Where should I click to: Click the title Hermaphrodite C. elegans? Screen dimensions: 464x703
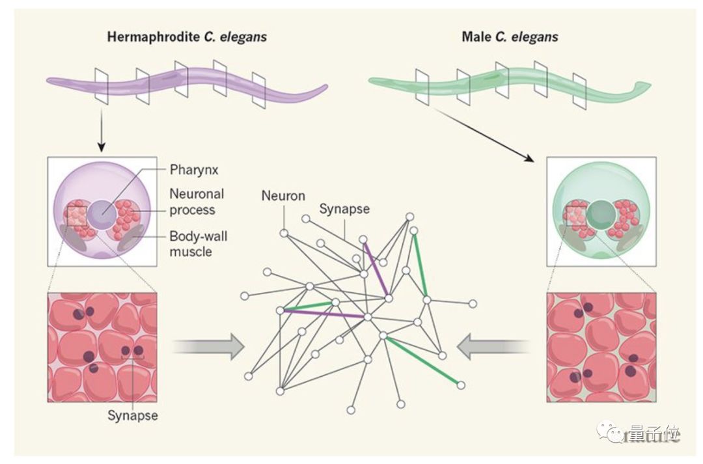pyautogui.click(x=187, y=37)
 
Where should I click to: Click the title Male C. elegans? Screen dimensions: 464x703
pyautogui.click(x=510, y=37)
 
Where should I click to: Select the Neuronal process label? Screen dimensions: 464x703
pyautogui.click(x=197, y=202)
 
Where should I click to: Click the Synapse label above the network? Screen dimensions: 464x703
pyautogui.click(x=344, y=209)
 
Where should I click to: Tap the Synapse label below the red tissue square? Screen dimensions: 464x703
pyautogui.click(x=133, y=415)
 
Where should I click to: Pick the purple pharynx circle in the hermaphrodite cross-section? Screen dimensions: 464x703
pyautogui.click(x=101, y=213)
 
